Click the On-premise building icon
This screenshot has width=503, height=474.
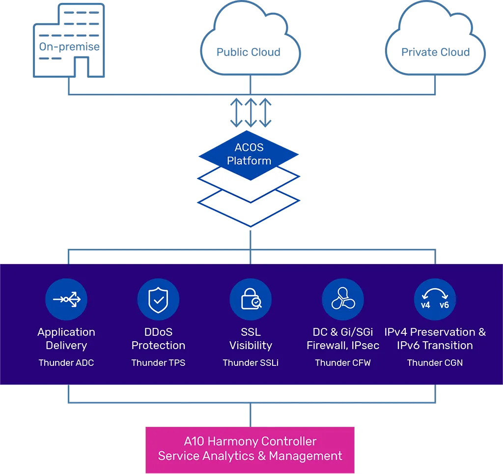[x=69, y=40]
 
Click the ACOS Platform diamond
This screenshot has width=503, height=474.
[x=249, y=154]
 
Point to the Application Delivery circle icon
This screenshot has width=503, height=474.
[x=66, y=299]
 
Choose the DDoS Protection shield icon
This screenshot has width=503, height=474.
[x=158, y=299]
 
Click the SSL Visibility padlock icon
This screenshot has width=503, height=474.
[x=251, y=299]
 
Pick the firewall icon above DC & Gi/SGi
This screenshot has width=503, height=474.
[x=343, y=299]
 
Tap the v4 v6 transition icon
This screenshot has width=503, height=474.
[x=435, y=299]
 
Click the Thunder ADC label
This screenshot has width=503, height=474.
[x=66, y=363]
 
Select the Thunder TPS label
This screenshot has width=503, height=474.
[x=158, y=363]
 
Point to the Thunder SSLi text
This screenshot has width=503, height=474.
[x=251, y=363]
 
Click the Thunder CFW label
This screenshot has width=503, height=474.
[x=343, y=363]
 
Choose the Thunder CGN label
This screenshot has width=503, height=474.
[x=435, y=363]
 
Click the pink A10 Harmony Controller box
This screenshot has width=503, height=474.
[x=250, y=449]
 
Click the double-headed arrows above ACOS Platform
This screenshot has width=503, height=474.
[x=251, y=113]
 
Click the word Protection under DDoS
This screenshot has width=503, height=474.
[x=158, y=346]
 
